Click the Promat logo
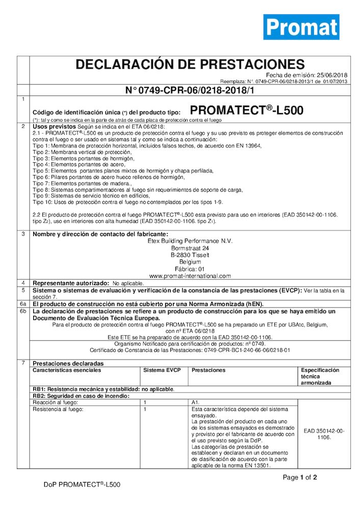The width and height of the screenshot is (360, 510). point(301,27)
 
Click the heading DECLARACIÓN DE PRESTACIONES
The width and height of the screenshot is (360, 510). point(190,64)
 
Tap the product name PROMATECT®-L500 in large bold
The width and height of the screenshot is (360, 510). point(246,110)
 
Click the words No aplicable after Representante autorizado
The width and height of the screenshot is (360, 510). point(128,283)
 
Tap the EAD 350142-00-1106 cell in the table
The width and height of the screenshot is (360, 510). point(324,434)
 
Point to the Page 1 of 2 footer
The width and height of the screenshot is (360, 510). point(300,478)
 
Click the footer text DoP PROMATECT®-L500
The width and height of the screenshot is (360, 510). point(82,484)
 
